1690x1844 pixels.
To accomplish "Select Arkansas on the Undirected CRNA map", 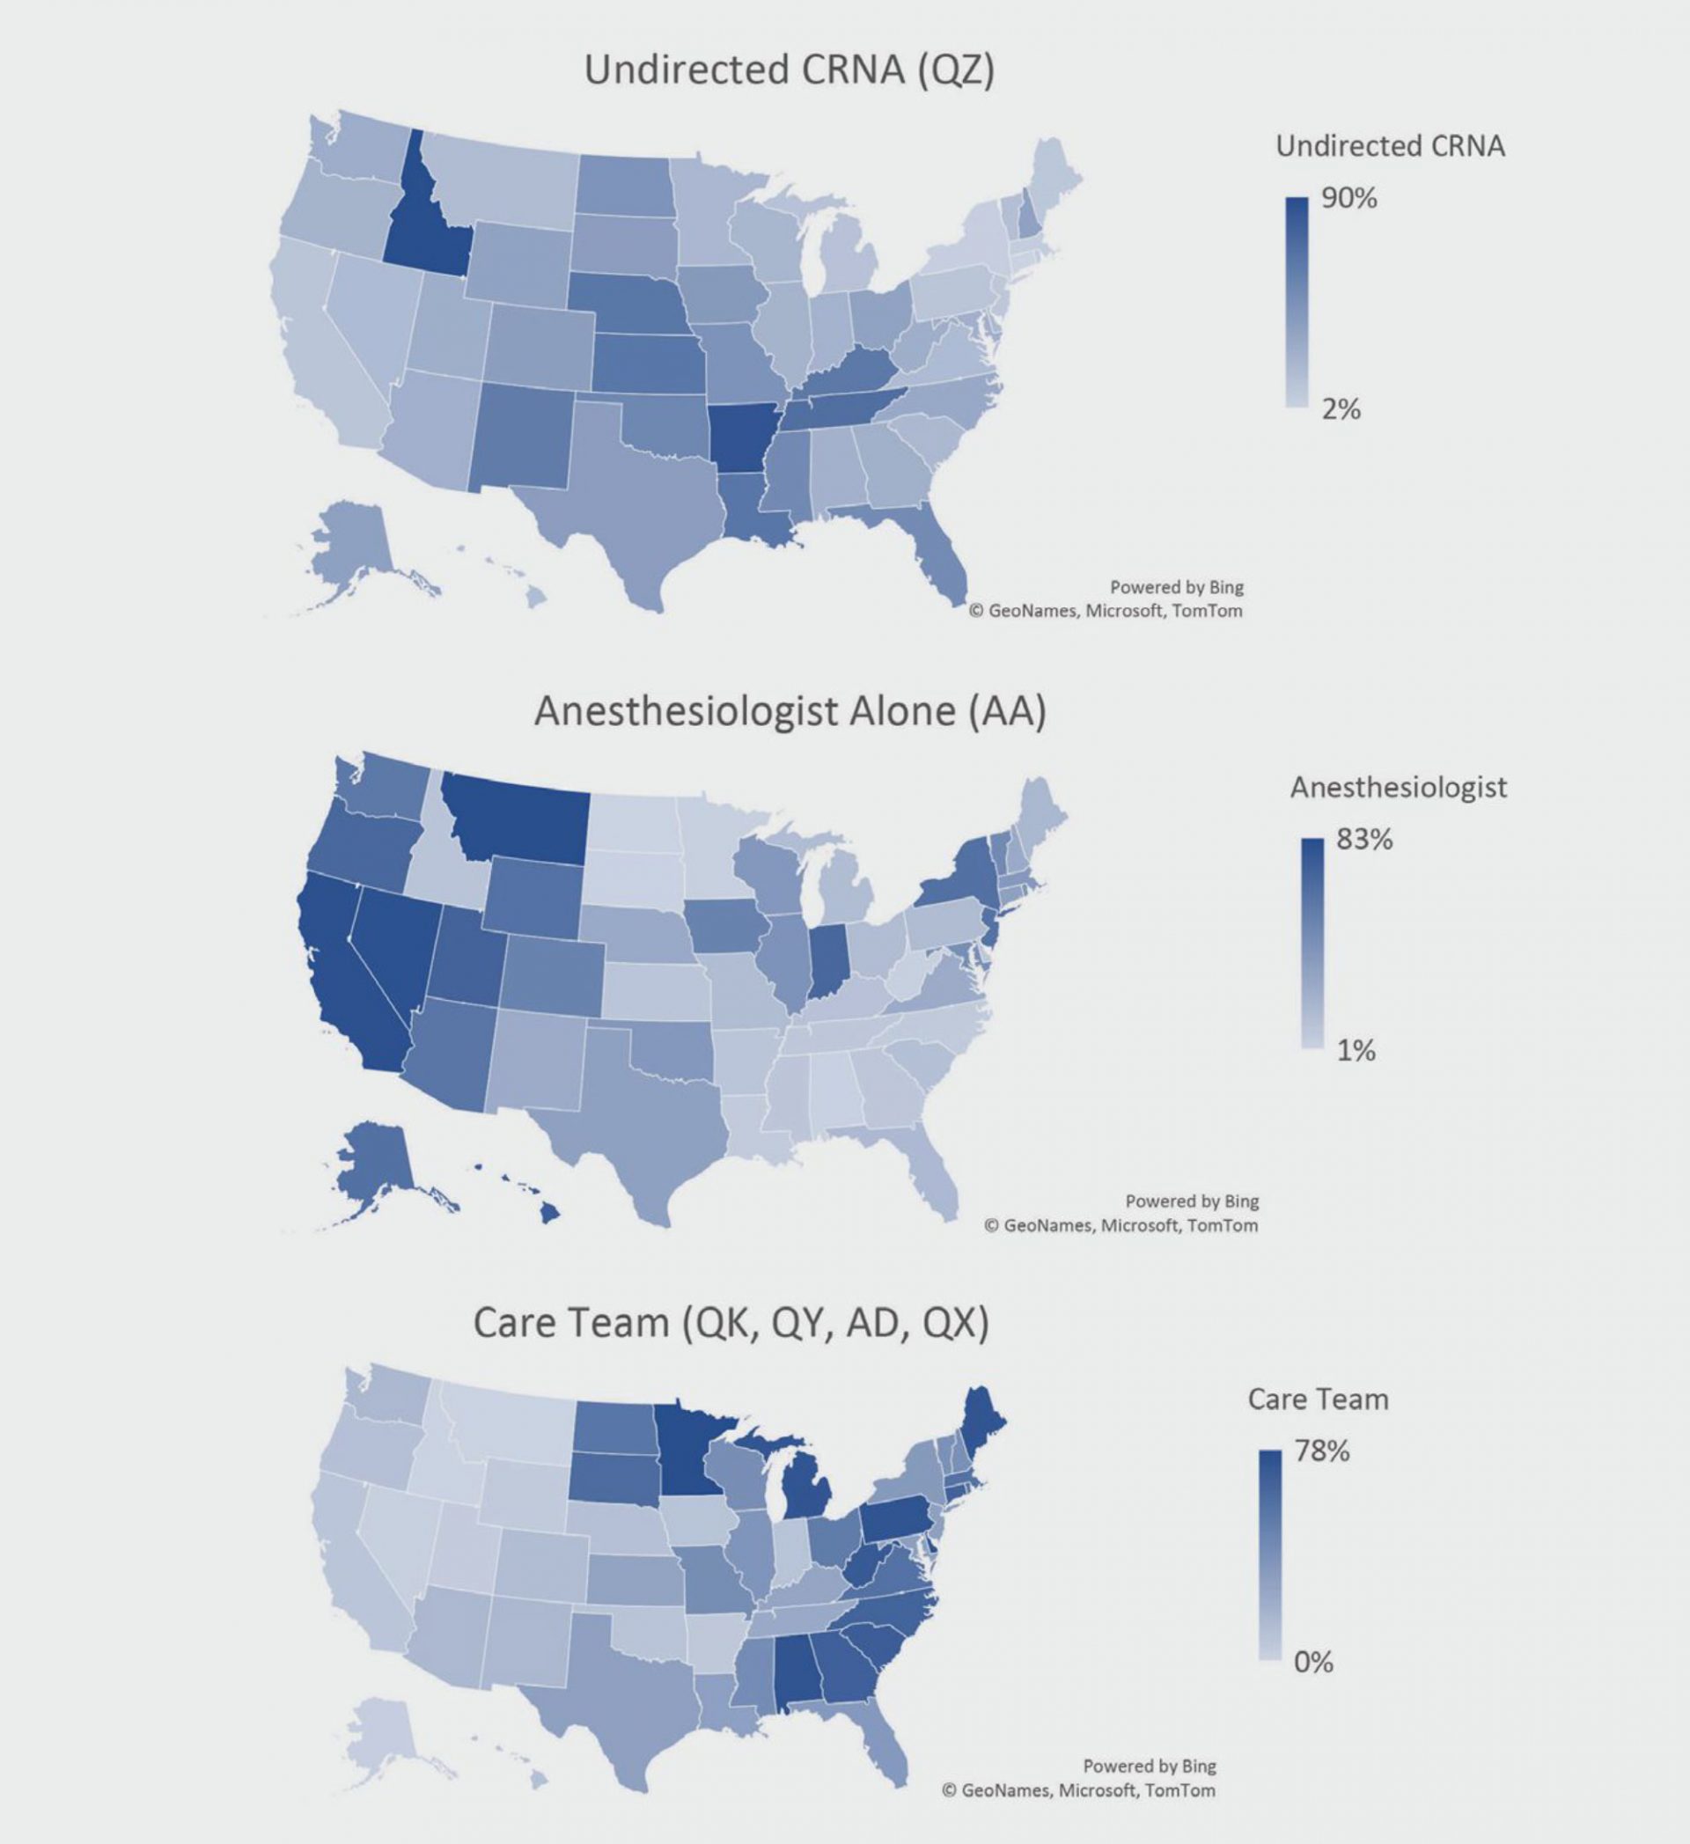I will point(746,439).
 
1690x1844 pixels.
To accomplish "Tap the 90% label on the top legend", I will point(1348,199).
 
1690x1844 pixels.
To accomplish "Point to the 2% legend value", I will point(1341,409).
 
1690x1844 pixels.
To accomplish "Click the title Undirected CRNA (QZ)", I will point(790,70).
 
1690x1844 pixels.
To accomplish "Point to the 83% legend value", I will point(1364,840).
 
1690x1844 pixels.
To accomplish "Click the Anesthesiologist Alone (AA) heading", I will point(790,711).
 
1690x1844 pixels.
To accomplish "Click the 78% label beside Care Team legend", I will point(1321,1451).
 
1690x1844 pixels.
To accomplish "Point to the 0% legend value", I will point(1312,1662).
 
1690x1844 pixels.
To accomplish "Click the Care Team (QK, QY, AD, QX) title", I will point(731,1324).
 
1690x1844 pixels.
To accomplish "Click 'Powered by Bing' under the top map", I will point(1176,587).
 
